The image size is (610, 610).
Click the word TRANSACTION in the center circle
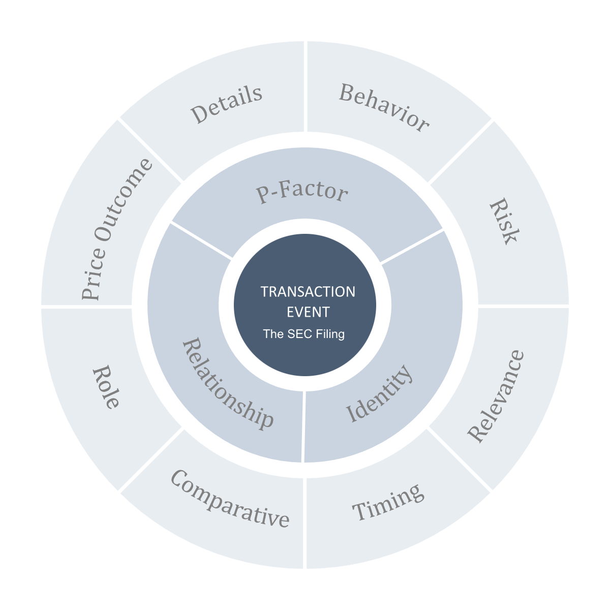click(x=308, y=292)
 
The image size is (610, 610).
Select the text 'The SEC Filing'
click(x=303, y=334)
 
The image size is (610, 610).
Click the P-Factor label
click(x=302, y=193)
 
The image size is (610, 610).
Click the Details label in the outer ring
click(x=227, y=105)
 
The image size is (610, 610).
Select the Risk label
click(x=504, y=222)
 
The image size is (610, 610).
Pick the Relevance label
click(x=496, y=395)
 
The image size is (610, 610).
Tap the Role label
click(x=106, y=386)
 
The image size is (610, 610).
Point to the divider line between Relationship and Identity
click(x=303, y=427)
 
